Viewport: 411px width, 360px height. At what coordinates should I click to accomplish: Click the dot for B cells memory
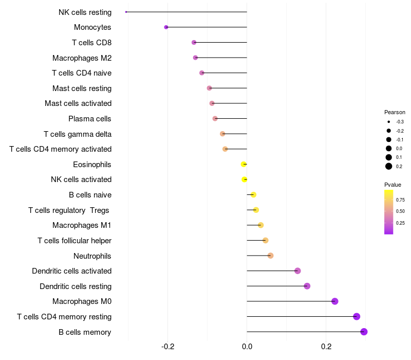364,332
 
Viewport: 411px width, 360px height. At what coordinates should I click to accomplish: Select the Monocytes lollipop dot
166,27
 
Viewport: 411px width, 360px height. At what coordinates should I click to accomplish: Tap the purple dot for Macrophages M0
335,301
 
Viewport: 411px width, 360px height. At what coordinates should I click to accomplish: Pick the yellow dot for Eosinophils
244,165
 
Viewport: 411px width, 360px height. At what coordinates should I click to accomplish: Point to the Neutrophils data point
271,256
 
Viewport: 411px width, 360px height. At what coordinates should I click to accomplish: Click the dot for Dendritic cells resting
307,286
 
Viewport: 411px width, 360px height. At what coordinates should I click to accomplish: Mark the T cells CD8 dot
194,42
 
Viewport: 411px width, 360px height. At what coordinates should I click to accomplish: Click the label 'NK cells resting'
85,12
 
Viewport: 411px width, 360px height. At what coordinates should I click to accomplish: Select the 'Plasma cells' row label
90,119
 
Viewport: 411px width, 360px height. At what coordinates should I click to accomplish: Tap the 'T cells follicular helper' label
74,241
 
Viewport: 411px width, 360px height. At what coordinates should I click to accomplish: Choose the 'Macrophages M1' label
82,225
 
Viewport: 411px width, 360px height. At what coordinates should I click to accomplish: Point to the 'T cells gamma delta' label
78,134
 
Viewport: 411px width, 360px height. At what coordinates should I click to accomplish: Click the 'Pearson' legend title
395,112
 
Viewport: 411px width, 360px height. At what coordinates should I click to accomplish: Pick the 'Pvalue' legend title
393,185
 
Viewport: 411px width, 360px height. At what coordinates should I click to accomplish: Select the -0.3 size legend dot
389,122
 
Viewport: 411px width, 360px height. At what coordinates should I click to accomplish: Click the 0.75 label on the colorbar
400,200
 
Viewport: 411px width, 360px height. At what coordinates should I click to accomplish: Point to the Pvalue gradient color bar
389,212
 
